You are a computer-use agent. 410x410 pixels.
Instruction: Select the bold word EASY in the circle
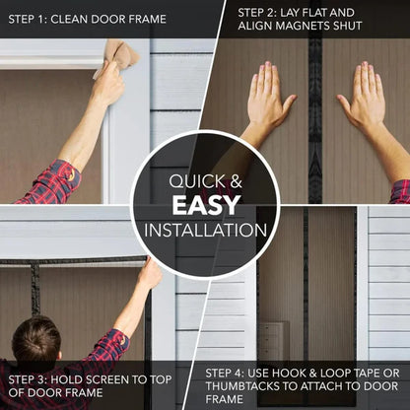coord(205,205)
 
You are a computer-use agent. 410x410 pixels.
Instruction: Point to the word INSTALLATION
coord(205,231)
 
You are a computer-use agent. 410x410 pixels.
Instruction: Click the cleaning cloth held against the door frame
coord(119,55)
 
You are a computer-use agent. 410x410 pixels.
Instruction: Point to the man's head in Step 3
coord(36,340)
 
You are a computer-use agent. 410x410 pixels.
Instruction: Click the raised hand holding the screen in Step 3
coord(149,275)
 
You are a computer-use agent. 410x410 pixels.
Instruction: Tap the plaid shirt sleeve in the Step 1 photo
coord(49,182)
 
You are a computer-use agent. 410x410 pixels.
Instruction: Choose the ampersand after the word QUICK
coord(236,181)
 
